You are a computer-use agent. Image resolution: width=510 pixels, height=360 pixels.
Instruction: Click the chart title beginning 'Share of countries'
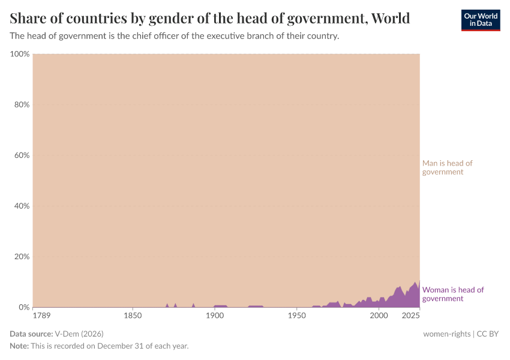click(210, 19)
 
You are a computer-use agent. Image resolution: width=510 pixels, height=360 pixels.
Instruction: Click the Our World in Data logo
click(480, 20)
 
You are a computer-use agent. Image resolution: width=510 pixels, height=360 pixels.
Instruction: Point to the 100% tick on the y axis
click(20, 54)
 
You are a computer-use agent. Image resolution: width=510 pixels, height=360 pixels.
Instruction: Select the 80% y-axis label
click(22, 104)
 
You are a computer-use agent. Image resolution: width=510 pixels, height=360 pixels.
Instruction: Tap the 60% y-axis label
click(22, 155)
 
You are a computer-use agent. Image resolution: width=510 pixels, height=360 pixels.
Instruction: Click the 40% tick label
click(22, 206)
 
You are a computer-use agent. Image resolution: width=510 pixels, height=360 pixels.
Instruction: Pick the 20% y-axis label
click(22, 257)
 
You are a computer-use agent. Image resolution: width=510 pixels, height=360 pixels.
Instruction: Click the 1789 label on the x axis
click(41, 316)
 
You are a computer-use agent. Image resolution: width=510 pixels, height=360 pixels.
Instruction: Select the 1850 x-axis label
click(133, 316)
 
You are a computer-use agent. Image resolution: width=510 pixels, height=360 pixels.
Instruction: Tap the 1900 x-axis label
click(214, 316)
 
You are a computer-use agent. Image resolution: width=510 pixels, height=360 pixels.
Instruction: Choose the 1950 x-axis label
click(296, 316)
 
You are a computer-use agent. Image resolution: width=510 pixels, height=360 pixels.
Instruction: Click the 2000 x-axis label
click(379, 316)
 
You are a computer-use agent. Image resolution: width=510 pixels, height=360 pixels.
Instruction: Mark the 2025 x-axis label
click(411, 316)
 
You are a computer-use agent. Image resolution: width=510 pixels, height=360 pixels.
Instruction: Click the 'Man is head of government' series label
click(447, 167)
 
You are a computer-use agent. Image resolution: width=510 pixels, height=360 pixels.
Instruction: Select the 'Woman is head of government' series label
click(453, 294)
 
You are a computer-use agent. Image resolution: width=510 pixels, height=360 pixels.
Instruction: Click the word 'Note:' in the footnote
click(21, 346)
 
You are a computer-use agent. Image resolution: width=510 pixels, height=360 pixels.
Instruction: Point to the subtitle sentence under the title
click(175, 36)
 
